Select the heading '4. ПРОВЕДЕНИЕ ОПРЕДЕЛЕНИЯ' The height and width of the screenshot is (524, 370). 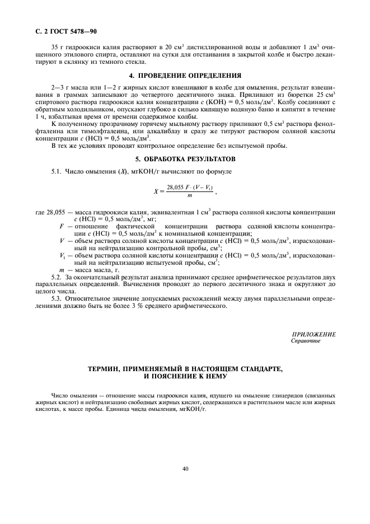tap(185, 74)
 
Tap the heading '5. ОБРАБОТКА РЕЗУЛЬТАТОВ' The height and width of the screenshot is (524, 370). tap(185, 158)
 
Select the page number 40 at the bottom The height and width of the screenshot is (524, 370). tap(185, 469)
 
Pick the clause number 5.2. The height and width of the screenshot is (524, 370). tap(57, 277)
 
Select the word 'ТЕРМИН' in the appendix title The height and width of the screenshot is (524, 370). tap(107, 369)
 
